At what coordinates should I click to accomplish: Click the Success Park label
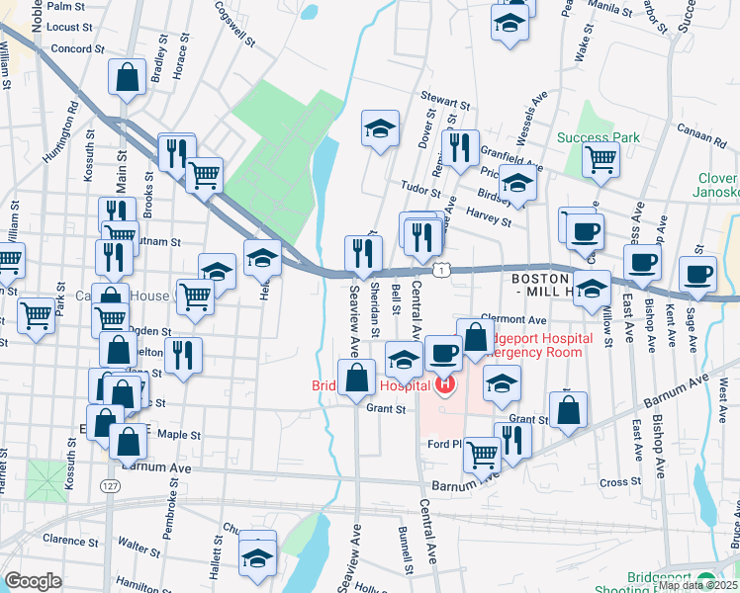[x=598, y=137]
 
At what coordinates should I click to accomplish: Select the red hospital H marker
[x=445, y=382]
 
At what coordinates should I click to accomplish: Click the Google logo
[x=33, y=581]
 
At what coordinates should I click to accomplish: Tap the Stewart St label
[x=442, y=101]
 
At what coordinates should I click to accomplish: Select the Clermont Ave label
[x=513, y=320]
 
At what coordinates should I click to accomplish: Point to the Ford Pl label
[x=445, y=444]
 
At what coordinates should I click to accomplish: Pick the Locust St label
[x=68, y=27]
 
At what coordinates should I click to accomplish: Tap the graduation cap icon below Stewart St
[x=380, y=127]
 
